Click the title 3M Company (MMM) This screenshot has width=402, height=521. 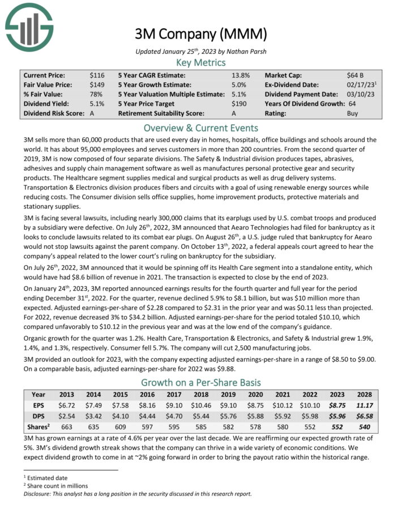200,34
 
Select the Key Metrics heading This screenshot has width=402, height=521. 200,62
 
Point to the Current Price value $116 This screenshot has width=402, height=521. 97,75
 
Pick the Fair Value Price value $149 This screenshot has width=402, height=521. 97,84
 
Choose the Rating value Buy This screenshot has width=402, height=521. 353,113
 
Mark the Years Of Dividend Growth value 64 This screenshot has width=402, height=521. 352,104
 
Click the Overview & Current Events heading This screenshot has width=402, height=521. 200,128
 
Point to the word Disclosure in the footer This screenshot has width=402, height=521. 39,493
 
